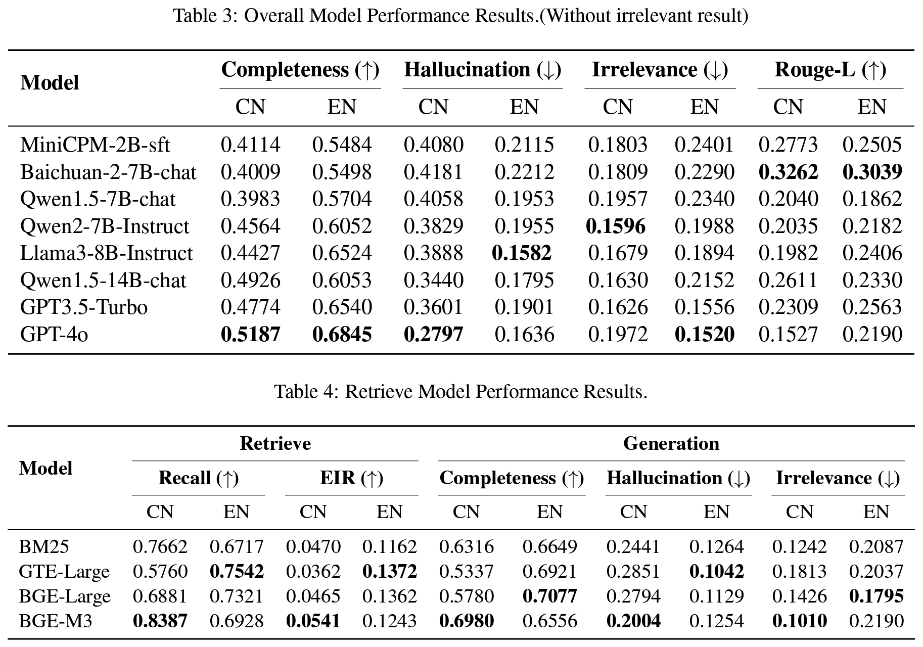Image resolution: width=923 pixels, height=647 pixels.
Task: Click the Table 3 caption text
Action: pos(460,16)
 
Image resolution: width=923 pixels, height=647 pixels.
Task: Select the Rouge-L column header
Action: pos(830,70)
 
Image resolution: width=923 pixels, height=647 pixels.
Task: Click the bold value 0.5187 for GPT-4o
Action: pos(250,334)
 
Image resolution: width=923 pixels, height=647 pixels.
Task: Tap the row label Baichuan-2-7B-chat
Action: pos(108,172)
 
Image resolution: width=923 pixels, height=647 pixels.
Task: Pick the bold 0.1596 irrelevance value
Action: pos(616,226)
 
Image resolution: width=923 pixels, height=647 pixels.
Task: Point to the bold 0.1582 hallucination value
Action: pos(522,253)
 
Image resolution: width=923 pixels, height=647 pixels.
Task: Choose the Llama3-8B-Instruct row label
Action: pos(107,253)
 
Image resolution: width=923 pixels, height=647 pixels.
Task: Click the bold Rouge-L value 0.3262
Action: pos(788,172)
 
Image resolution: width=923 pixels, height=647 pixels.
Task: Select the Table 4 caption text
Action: pos(460,391)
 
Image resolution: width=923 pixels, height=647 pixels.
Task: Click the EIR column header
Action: pos(352,478)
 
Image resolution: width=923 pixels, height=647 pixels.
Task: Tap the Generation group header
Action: pos(671,443)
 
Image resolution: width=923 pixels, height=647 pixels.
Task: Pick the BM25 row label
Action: pos(44,546)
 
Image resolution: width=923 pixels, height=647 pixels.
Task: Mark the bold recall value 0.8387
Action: pos(160,621)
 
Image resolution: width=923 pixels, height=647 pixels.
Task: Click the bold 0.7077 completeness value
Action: pos(549,596)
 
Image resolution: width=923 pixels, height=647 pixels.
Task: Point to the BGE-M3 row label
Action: pos(56,621)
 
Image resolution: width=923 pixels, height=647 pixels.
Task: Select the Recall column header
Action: pos(199,478)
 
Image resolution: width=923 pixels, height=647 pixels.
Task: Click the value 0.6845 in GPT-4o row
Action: pos(342,334)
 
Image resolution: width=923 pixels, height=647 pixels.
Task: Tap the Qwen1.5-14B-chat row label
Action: pos(103,280)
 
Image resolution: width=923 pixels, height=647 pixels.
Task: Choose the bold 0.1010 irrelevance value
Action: pos(799,621)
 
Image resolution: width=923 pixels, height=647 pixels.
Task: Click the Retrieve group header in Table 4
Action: pos(275,443)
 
